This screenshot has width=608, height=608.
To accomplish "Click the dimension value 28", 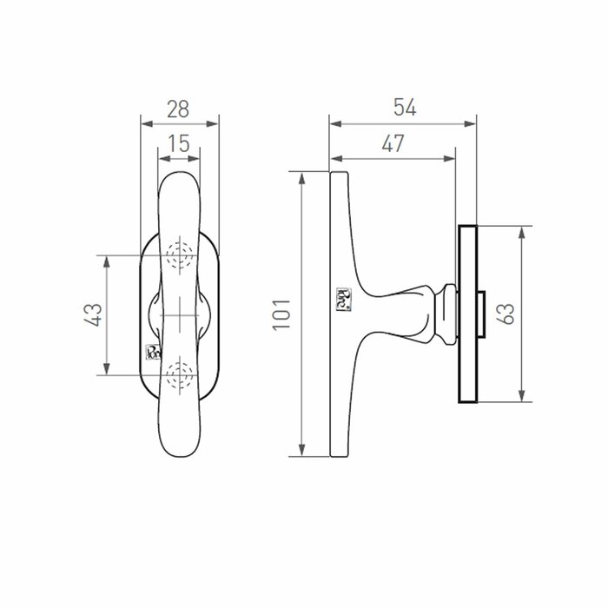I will click(178, 109).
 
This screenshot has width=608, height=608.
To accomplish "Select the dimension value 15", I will click(178, 144).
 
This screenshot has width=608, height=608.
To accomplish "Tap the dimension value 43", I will click(94, 314).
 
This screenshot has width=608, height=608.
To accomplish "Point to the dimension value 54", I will click(405, 107).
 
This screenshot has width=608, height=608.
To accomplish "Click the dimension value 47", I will click(393, 144).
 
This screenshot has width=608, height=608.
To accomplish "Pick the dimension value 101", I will click(280, 314).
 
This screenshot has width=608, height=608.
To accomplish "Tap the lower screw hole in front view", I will click(180, 374).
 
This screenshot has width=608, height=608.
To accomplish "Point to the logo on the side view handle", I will click(340, 298).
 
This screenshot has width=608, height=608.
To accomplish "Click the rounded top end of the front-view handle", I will click(179, 179).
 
